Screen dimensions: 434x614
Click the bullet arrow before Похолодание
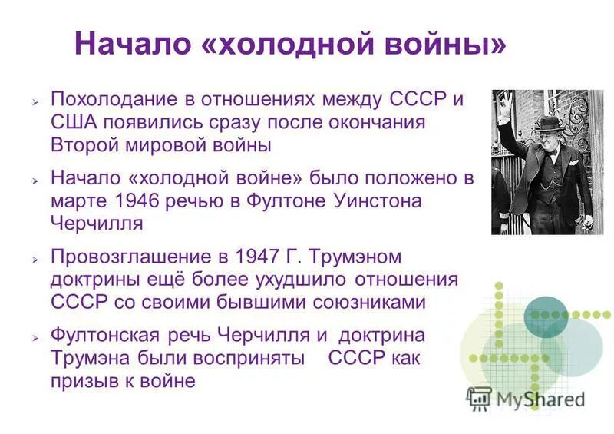click(x=35, y=102)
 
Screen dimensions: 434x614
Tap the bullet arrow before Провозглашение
click(x=35, y=257)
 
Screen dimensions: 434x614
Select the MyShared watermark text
click(x=537, y=399)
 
